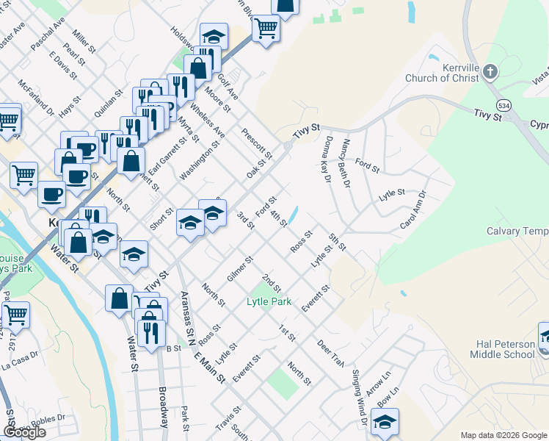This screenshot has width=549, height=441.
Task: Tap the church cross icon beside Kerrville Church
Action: [491, 72]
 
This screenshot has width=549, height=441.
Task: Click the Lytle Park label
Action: [269, 302]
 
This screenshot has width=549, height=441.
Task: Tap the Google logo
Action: [24, 432]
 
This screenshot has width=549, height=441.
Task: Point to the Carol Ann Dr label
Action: [412, 209]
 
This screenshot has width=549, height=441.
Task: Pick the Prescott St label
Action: [257, 143]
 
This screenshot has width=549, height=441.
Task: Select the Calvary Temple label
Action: [517, 232]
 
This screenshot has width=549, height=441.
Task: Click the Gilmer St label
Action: [240, 268]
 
